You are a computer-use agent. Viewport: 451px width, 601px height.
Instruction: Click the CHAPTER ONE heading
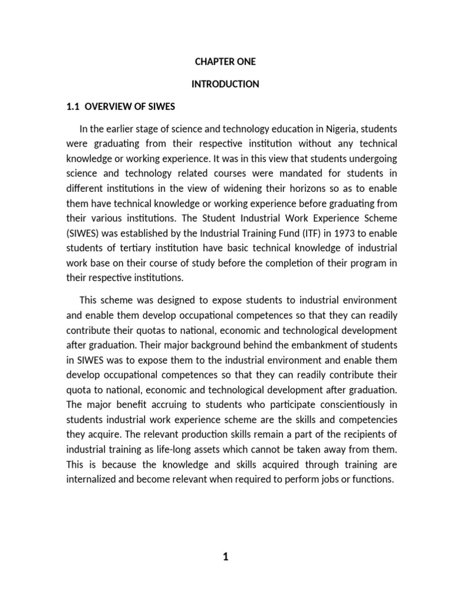(x=225, y=62)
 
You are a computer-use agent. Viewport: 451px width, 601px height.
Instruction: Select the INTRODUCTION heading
(x=225, y=85)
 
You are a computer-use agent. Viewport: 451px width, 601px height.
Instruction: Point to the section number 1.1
(x=71, y=107)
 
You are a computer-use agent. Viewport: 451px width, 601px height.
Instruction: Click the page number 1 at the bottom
(x=225, y=558)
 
